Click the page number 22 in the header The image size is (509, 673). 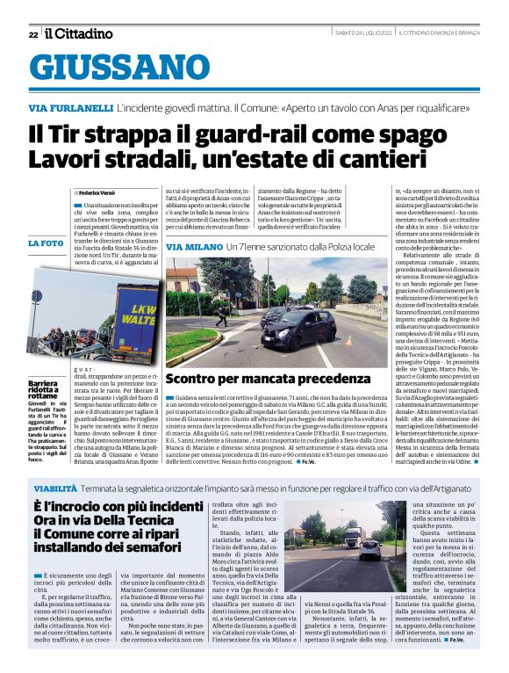(x=32, y=34)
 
